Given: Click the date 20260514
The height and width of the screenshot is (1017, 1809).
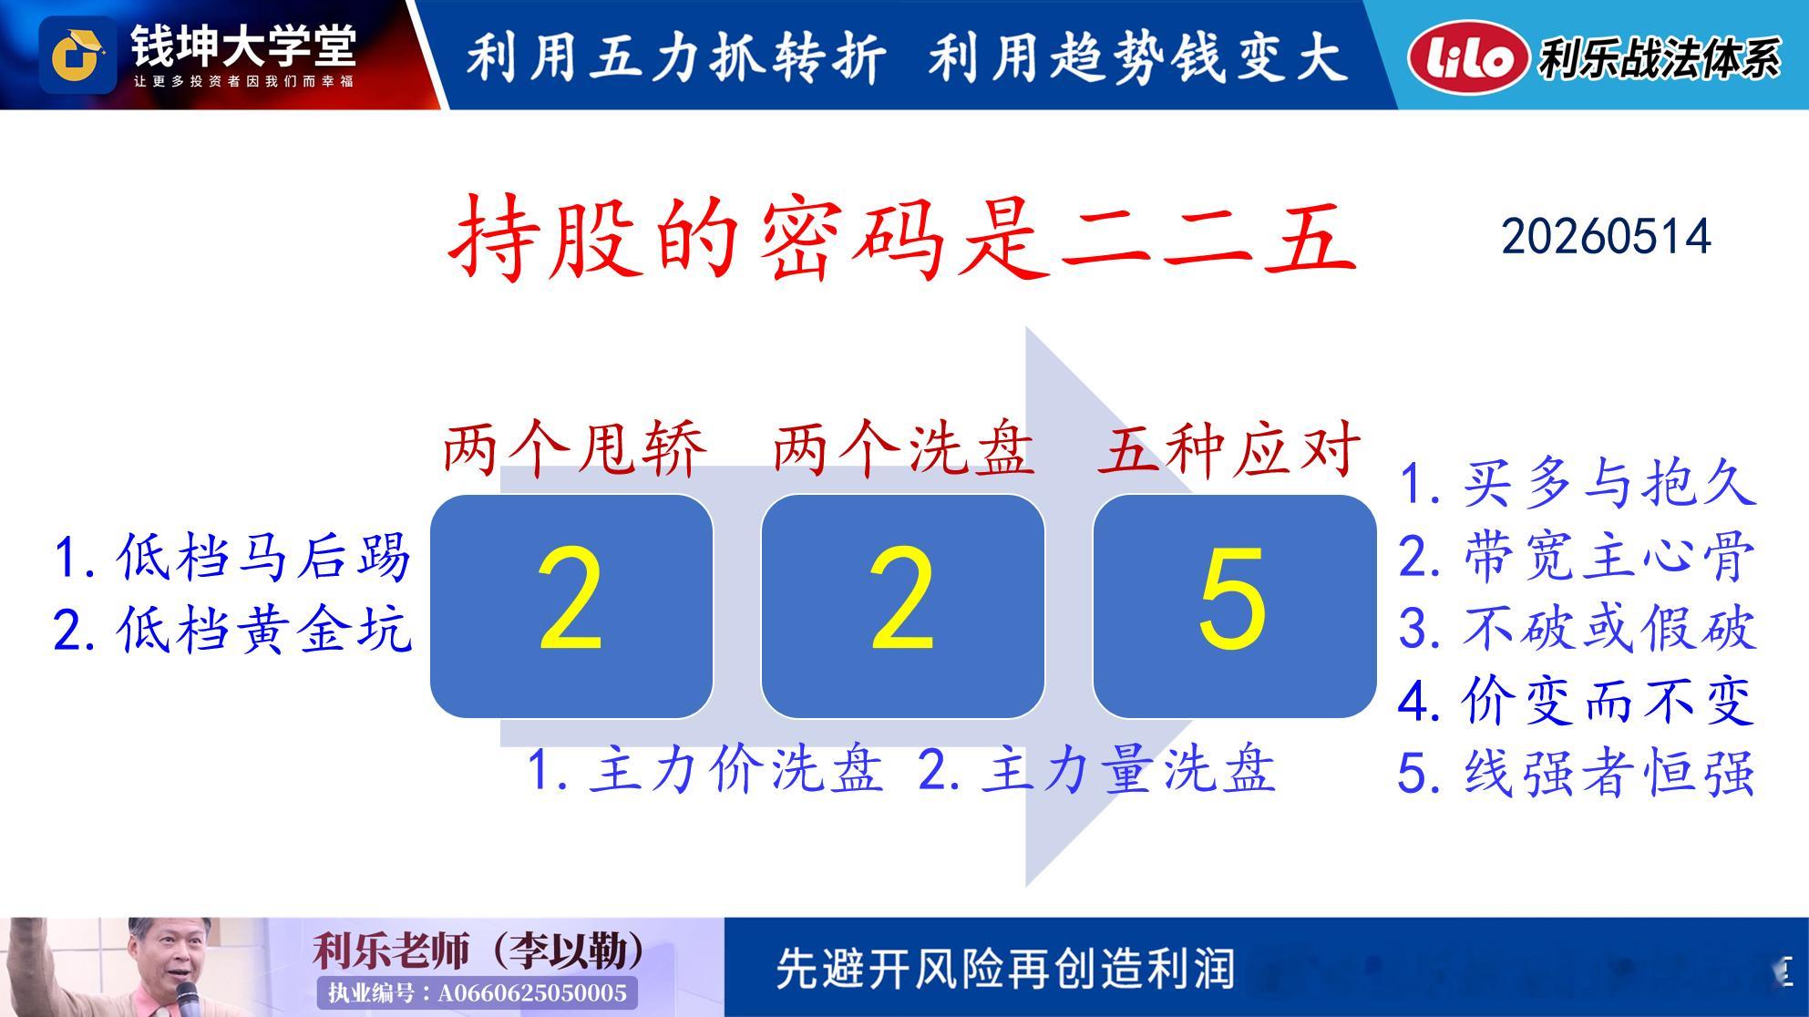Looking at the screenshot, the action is coord(1606,237).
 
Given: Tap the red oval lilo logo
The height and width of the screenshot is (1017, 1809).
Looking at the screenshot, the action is coord(1466,56).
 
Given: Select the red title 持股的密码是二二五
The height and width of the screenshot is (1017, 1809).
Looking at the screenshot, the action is coord(903,237).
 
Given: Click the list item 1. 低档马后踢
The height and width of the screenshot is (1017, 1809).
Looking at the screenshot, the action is coord(232,557).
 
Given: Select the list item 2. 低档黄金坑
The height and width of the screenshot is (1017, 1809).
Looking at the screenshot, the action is coord(232,629).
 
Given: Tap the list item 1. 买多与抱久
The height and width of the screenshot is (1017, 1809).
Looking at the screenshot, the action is coord(1578,483).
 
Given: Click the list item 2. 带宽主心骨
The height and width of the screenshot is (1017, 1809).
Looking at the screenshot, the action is coord(1578,556).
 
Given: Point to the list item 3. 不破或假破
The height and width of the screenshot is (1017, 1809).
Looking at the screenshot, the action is coord(1578,628).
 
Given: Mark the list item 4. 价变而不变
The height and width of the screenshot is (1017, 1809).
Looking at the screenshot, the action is coord(1578,701).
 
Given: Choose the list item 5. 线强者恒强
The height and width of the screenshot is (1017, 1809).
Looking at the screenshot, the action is coord(1578,773).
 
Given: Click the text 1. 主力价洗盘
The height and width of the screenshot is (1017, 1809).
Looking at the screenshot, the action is coord(705,769).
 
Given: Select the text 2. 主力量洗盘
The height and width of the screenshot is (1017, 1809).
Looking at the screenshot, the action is coord(1096,769).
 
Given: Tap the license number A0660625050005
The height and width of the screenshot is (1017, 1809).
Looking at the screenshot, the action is coord(532,992).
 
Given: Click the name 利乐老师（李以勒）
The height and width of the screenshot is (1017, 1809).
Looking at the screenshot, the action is coord(478,951).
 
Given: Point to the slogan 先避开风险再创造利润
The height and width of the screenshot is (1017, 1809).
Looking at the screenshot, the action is coord(1005,969).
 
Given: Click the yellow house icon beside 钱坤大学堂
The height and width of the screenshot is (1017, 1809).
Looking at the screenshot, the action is coord(77,56).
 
